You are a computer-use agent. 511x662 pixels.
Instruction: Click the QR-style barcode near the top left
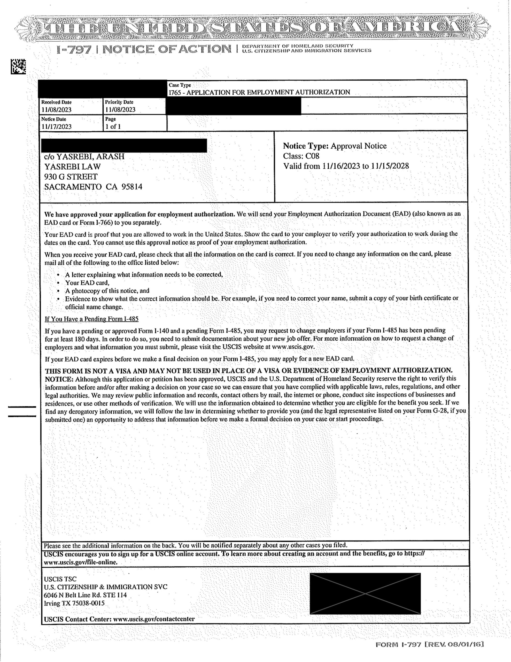click(18, 66)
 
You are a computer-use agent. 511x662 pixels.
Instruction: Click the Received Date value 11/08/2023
click(56, 110)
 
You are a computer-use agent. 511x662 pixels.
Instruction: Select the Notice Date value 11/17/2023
click(56, 127)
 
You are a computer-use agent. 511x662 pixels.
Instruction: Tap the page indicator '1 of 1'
click(113, 127)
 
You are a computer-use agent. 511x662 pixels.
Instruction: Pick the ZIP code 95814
click(132, 187)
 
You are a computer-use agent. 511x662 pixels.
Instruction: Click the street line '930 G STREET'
click(71, 177)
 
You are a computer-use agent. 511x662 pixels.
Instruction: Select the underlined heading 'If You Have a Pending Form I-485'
click(91, 319)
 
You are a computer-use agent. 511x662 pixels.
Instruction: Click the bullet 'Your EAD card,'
click(87, 283)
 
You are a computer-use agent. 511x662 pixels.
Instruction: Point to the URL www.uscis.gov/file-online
click(81, 562)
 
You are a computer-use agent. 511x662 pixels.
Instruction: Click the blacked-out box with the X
click(365, 593)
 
